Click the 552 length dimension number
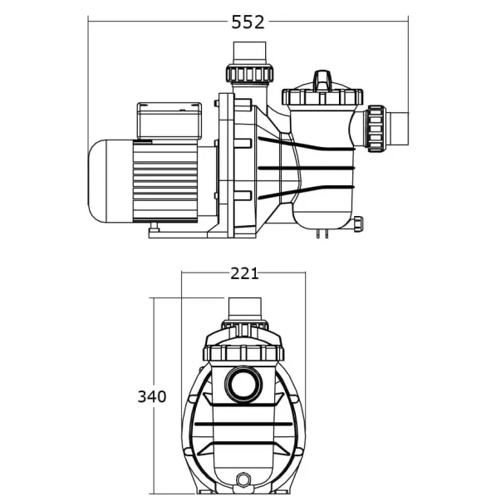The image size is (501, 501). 248,22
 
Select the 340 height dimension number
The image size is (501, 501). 151,396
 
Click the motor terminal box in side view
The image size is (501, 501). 171,120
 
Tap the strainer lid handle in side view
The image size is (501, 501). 322,81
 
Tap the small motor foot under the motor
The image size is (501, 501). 155,225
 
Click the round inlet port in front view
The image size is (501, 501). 243,386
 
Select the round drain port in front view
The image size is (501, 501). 243,480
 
